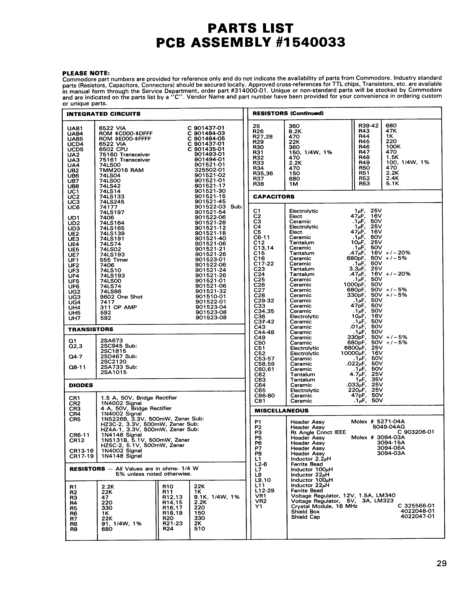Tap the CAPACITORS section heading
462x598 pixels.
pos(273,197)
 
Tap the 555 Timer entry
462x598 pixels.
pos(114,260)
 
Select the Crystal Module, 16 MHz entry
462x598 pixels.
pos(324,506)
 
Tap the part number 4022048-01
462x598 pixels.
pos(417,511)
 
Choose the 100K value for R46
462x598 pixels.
pos(393,146)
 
